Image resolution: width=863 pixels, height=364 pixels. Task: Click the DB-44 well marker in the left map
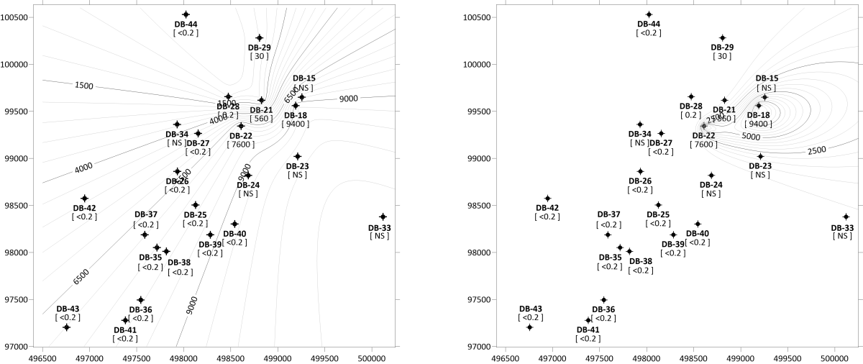[x=186, y=14]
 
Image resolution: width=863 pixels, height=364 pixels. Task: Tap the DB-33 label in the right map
[x=843, y=227]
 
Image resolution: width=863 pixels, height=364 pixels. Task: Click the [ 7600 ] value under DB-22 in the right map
[x=703, y=145]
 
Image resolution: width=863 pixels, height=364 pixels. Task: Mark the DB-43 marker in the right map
[x=529, y=327]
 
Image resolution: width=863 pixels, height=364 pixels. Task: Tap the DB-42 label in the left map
[x=85, y=208]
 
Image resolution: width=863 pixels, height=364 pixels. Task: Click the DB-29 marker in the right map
[x=723, y=37]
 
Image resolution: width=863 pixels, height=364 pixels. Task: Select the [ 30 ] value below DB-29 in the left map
[x=259, y=55]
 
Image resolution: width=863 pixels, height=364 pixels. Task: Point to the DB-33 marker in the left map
[x=383, y=217]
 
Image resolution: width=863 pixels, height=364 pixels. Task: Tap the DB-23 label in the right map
[x=760, y=166]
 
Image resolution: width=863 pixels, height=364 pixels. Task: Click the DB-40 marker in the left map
[x=234, y=224]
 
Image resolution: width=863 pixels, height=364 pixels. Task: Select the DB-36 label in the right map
[x=603, y=309]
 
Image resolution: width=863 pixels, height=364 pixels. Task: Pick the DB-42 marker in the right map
[x=547, y=199]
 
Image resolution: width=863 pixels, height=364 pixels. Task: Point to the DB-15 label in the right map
[x=767, y=78]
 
